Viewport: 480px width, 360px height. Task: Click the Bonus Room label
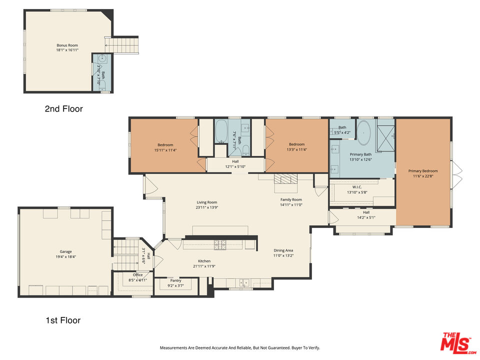67,45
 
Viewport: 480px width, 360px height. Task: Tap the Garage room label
65,251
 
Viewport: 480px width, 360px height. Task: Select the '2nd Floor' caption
63,108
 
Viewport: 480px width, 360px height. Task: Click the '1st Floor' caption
63,320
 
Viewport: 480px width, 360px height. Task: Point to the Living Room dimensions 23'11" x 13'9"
207,207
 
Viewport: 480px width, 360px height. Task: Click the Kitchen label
204,261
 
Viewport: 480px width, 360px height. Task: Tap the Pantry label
175,280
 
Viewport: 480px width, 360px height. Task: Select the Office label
138,275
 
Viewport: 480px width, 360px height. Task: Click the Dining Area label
283,250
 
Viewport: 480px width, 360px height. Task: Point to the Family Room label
291,199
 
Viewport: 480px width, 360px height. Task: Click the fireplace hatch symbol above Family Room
285,179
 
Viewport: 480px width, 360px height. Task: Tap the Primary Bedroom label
423,171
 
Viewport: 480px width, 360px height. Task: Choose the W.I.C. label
357,187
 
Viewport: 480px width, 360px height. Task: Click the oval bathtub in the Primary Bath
363,133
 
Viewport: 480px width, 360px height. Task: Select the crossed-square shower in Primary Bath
385,138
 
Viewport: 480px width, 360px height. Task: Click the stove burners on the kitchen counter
220,244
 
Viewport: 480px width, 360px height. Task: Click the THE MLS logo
457,343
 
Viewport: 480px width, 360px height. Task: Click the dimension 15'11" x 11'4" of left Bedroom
165,150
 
